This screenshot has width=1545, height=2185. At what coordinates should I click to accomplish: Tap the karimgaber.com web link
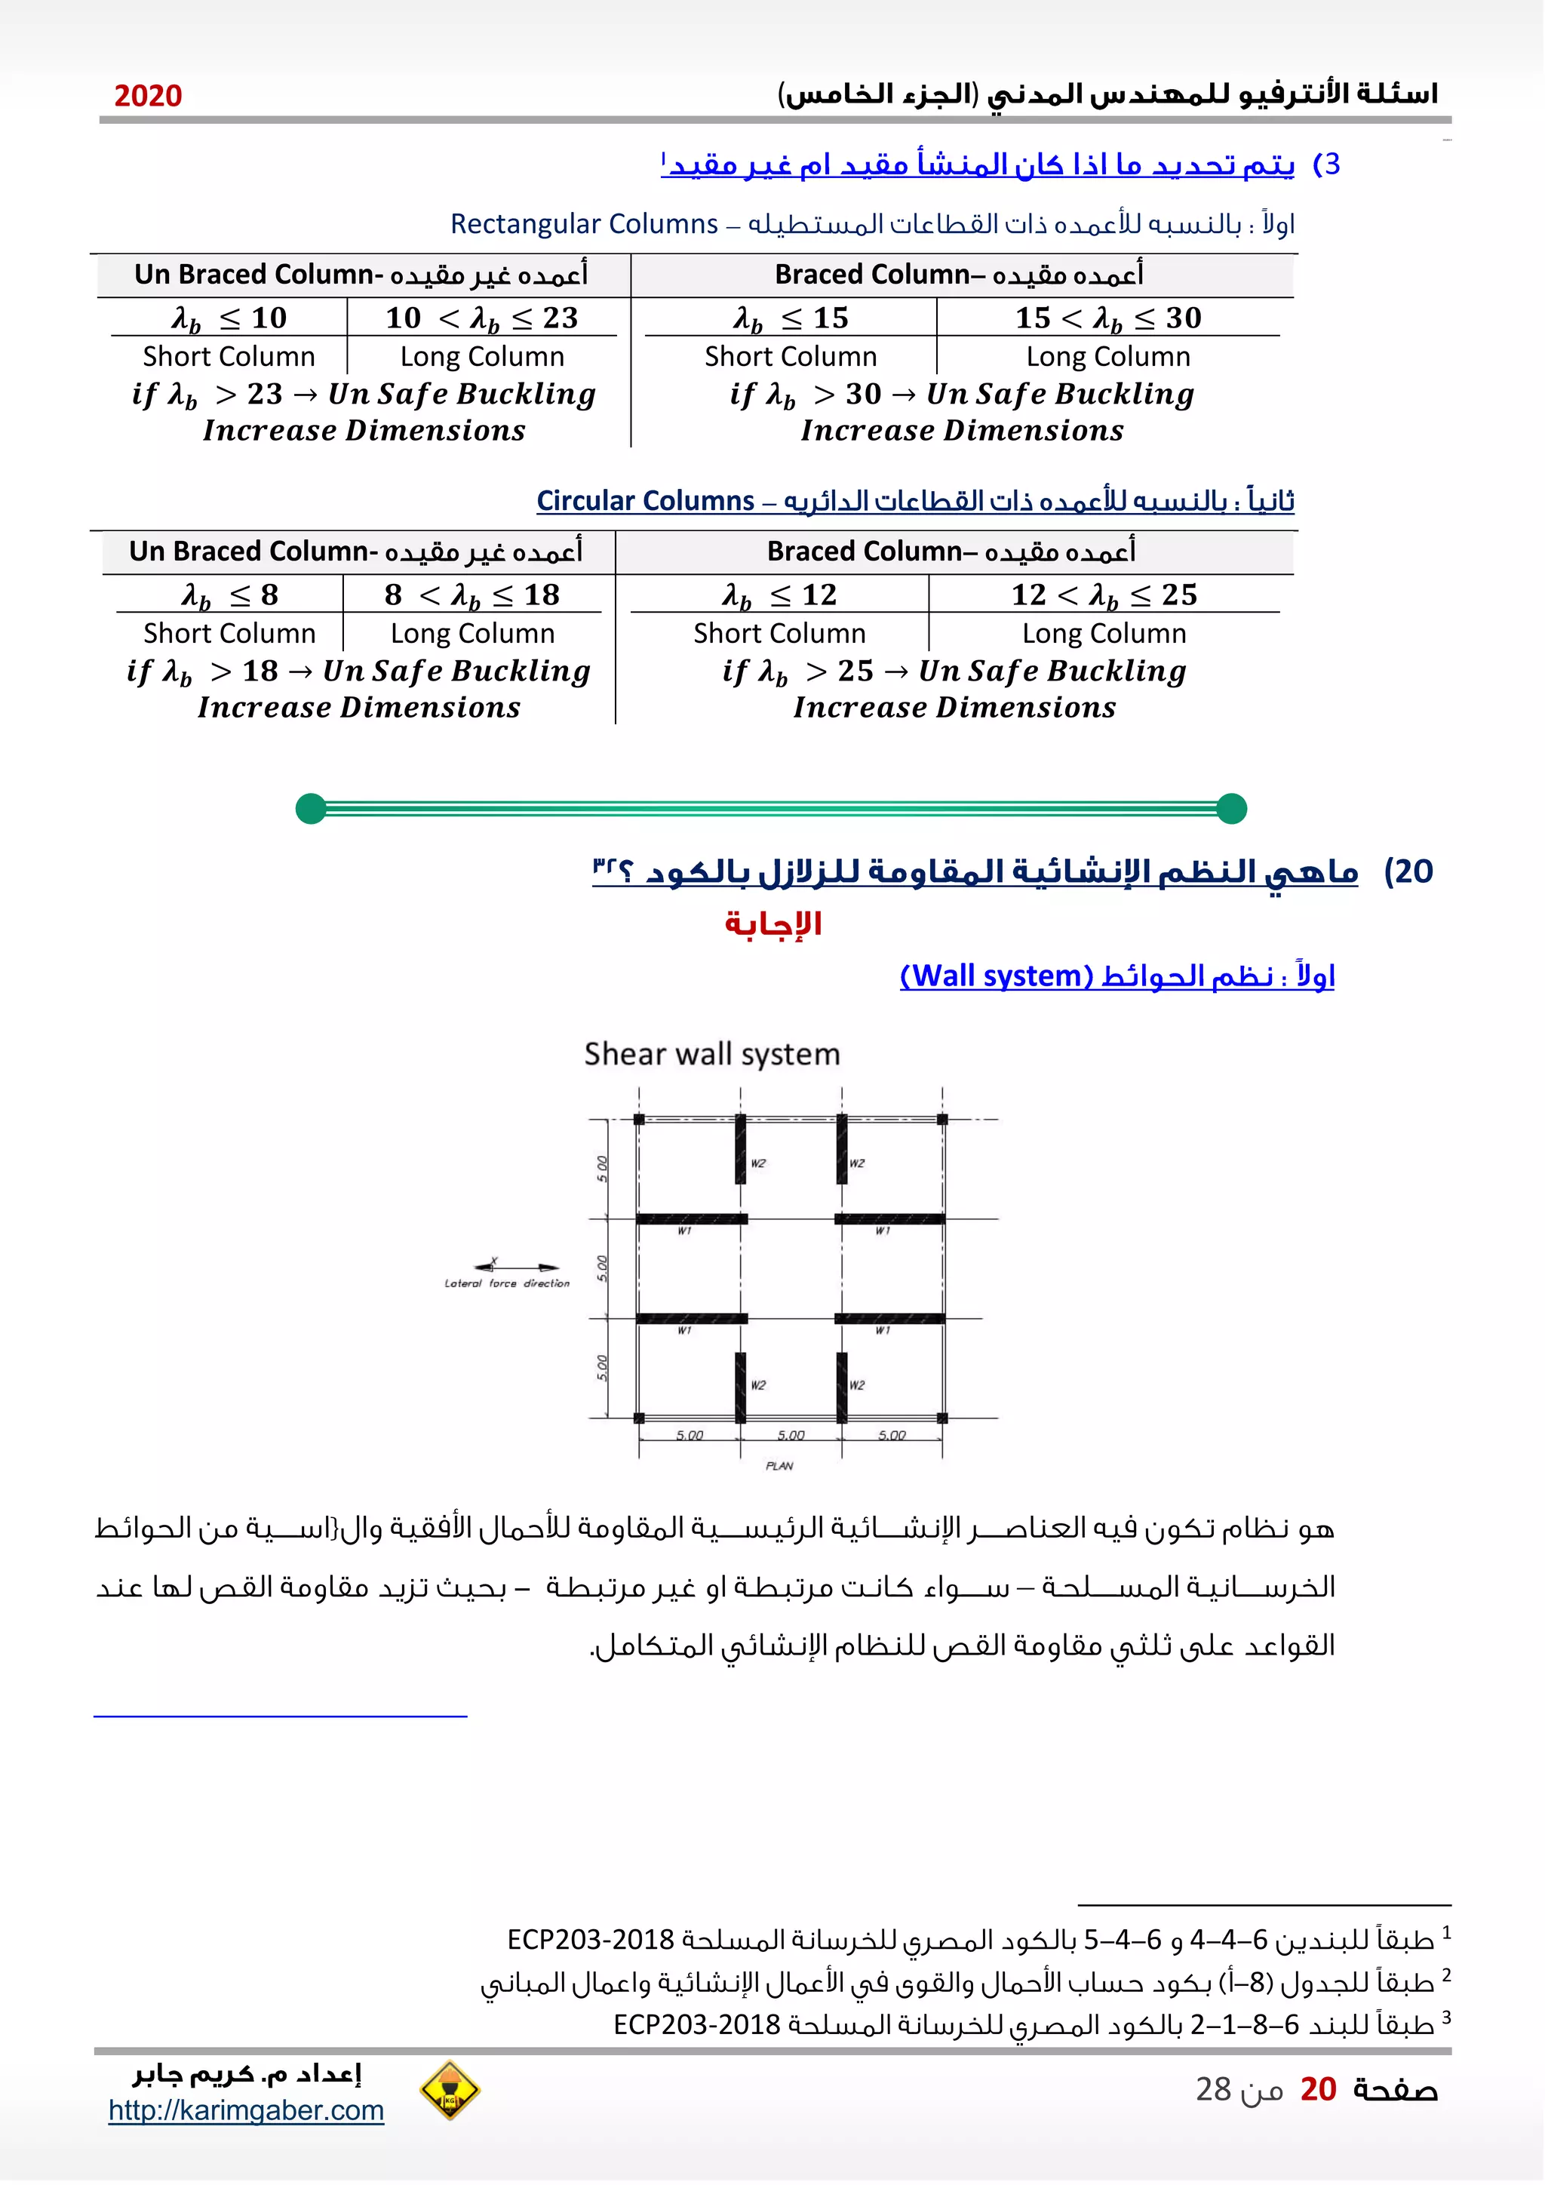(x=245, y=2110)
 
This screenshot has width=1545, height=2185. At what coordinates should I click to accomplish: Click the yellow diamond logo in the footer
(x=449, y=2091)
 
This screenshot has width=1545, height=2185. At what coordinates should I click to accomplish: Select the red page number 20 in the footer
(x=1318, y=2089)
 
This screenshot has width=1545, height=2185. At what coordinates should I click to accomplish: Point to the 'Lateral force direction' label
(x=507, y=1284)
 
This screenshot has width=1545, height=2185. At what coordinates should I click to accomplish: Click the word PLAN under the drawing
(x=779, y=1465)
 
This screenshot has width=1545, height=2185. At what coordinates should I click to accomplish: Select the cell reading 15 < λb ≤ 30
(x=1107, y=318)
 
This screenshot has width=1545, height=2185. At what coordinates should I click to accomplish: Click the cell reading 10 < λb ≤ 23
(x=481, y=318)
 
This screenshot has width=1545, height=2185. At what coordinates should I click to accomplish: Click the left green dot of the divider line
(x=311, y=808)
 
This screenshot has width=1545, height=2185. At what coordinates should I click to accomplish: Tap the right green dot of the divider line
(x=1231, y=808)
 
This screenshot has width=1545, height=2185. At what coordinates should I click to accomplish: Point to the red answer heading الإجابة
(x=772, y=923)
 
